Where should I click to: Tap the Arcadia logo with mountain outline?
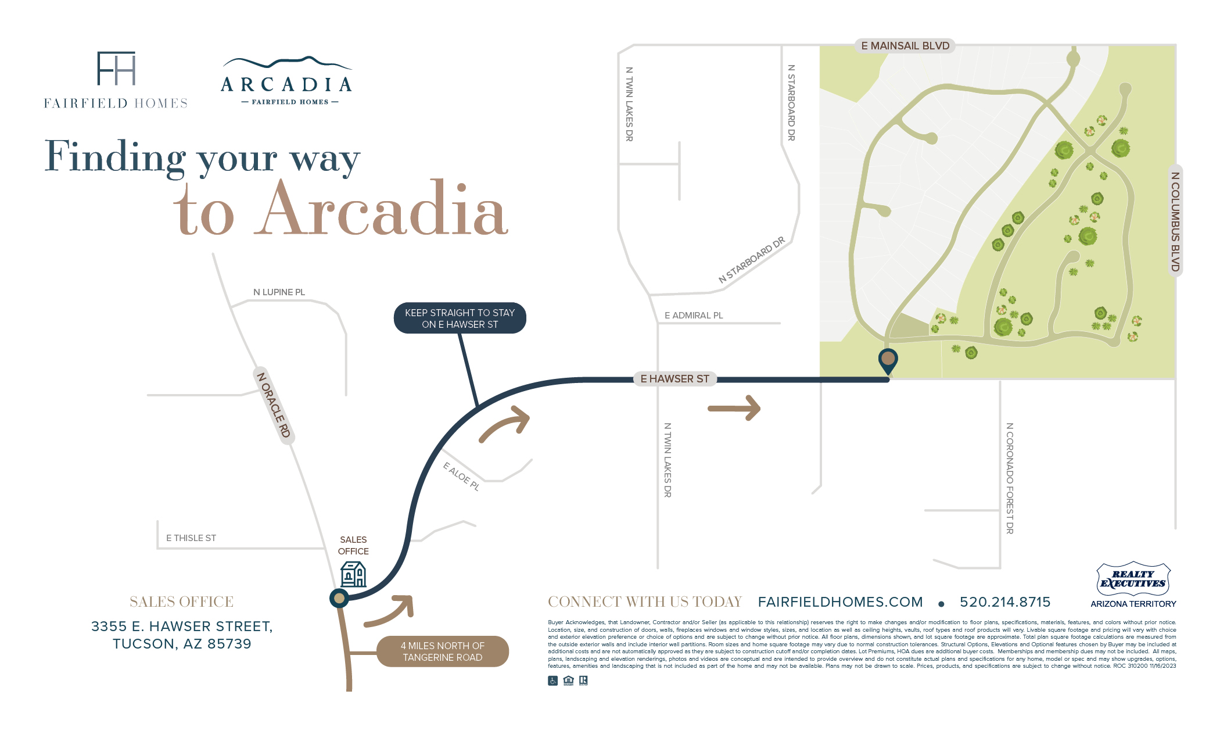point(286,81)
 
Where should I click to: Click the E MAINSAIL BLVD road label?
point(905,46)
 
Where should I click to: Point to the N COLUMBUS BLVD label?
point(1175,221)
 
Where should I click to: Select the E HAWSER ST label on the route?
point(674,379)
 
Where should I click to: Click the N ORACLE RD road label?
point(273,405)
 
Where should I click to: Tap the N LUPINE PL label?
point(279,292)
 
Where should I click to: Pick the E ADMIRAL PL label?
point(694,316)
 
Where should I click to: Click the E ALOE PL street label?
point(461,477)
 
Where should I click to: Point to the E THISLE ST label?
point(191,538)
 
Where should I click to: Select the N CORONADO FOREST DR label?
point(1010,478)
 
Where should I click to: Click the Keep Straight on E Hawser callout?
point(460,318)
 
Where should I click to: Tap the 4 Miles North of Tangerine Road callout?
point(443,651)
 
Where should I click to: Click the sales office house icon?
point(353,574)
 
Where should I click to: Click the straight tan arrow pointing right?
point(734,408)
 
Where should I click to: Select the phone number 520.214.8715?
point(1005,602)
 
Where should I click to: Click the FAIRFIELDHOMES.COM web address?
point(840,602)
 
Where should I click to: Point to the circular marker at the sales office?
point(339,598)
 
